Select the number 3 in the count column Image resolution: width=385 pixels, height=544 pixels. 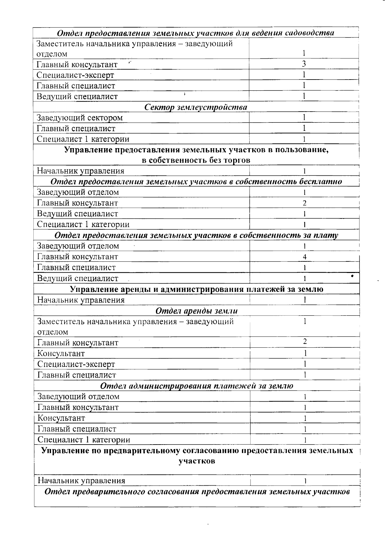click(304, 64)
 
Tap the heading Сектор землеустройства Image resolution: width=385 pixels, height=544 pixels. click(196, 107)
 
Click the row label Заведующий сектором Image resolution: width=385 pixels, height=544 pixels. click(80, 118)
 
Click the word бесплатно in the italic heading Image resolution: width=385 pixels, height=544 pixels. click(321, 182)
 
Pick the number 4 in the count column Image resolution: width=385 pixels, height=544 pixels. click(304, 257)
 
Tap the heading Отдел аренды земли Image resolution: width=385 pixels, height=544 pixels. click(196, 311)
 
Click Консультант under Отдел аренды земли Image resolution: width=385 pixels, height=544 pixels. click(61, 353)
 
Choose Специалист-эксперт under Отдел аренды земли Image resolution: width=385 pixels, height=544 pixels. click(76, 364)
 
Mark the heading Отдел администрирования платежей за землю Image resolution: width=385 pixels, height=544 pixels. click(197, 386)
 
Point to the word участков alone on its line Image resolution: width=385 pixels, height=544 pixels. click(197, 461)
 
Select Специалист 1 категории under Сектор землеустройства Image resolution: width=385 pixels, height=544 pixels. click(83, 139)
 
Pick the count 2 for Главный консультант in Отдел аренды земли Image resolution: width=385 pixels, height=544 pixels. click(305, 342)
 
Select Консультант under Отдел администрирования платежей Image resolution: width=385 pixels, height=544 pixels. click(61, 418)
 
